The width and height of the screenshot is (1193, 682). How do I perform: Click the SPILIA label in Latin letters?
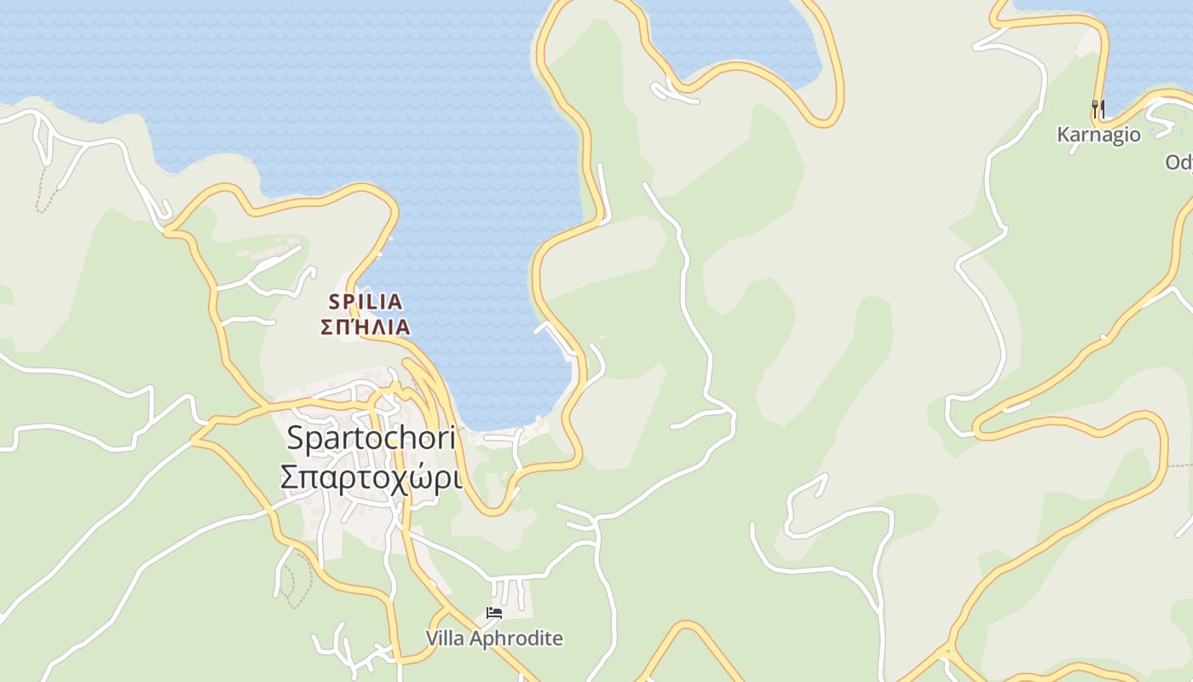coord(366,302)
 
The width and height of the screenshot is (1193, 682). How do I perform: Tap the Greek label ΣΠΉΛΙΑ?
coord(366,327)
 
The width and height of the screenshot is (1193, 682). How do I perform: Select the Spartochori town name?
coord(371,438)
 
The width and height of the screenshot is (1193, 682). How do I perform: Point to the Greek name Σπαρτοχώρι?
coord(371,477)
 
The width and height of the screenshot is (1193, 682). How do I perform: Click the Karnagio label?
coord(1098,135)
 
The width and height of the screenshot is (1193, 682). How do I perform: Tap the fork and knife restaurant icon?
coord(1098,108)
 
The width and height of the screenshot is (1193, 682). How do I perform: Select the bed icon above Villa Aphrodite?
coord(493,612)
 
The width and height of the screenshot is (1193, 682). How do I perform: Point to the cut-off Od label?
coord(1179,162)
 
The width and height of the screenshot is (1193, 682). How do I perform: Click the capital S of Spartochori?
coord(296,438)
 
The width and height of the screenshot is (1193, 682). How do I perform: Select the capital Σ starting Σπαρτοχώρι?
coord(289,477)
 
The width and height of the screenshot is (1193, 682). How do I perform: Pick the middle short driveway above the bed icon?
coord(509,590)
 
